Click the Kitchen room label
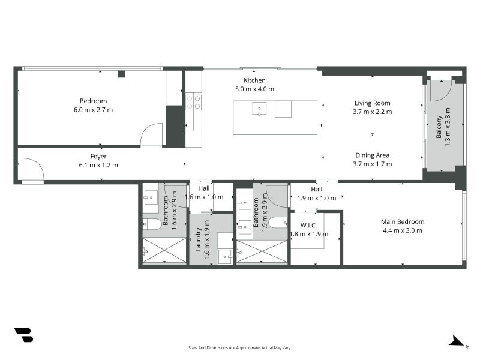254,80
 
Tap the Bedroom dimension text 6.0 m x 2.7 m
93,110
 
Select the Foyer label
98,157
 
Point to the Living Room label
372,103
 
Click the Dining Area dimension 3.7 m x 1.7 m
372,164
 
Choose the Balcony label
439,127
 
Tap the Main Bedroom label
403,221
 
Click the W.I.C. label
308,226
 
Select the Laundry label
198,239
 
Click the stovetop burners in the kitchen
194,102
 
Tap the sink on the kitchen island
259,109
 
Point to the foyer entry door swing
33,169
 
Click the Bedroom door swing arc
152,134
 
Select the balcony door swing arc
440,91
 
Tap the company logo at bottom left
24,335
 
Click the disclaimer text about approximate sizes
239,348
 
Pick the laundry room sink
225,257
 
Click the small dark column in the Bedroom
122,74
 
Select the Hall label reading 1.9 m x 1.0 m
317,194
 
